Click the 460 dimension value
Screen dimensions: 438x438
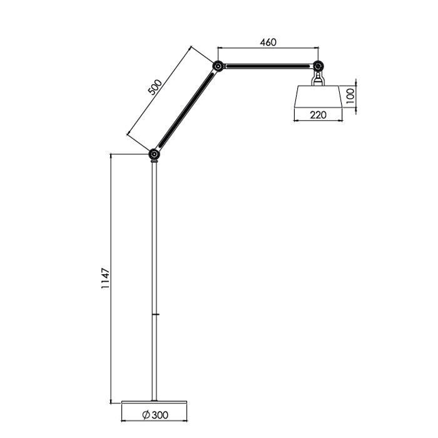[267, 43]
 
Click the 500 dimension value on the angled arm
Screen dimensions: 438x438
[155, 87]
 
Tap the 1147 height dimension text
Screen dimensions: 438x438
[106, 278]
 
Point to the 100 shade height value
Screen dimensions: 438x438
[351, 96]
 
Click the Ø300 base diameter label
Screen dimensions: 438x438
[155, 414]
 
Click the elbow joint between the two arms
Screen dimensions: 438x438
[217, 66]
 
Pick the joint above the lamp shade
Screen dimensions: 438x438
[318, 66]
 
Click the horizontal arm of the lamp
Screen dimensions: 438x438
[267, 66]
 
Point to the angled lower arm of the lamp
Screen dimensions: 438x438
[186, 109]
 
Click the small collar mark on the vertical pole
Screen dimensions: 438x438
[155, 314]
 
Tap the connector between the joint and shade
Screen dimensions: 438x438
[318, 78]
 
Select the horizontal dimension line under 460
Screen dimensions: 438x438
[267, 48]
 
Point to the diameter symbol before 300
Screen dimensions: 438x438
[145, 414]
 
